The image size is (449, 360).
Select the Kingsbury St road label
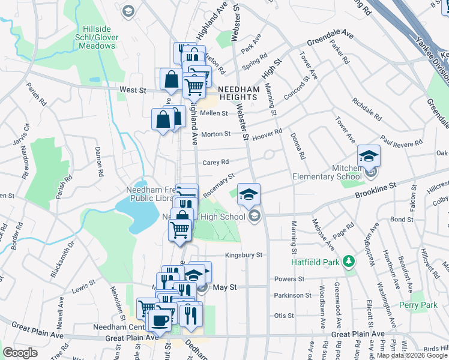244,255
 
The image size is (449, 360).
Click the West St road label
133,90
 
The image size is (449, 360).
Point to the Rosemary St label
218,185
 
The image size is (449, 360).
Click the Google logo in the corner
20,353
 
